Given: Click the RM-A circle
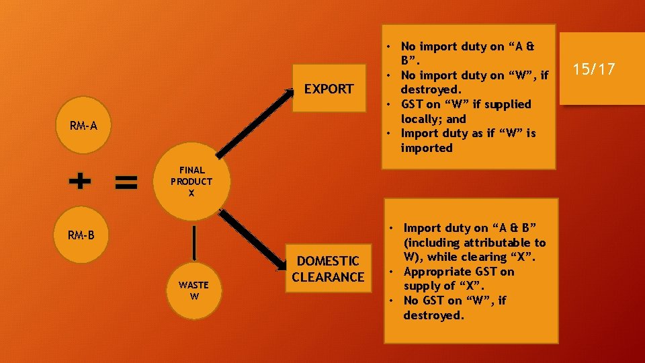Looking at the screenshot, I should (x=84, y=126).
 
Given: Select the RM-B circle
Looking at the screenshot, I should (x=84, y=235).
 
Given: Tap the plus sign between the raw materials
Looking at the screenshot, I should (x=80, y=181).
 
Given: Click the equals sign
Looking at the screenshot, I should (x=126, y=181).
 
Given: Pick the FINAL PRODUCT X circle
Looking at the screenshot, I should (x=191, y=181).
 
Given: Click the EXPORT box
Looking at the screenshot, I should (x=329, y=89).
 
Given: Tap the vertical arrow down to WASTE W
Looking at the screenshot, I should (x=194, y=242).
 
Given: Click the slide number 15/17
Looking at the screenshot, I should (x=593, y=69).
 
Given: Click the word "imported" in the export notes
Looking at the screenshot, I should (x=427, y=148).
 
